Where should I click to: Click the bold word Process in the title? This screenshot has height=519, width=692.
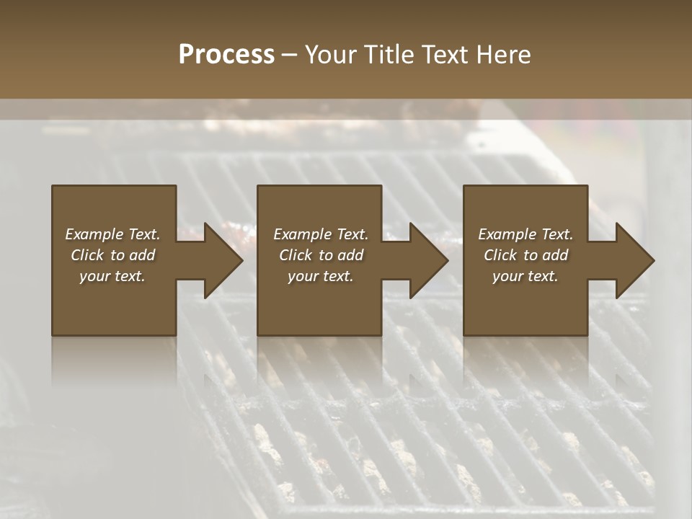click(x=226, y=55)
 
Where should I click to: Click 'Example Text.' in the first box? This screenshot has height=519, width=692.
click(x=112, y=234)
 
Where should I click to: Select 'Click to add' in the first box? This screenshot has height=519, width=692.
click(x=112, y=255)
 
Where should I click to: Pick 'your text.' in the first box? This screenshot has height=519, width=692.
click(x=112, y=276)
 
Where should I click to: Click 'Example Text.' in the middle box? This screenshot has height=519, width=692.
click(x=321, y=234)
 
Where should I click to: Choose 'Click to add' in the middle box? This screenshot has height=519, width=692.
click(x=321, y=255)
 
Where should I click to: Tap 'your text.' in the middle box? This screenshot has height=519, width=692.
click(x=321, y=276)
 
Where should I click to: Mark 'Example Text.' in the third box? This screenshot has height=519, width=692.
click(x=525, y=234)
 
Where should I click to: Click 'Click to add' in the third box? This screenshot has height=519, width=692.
click(x=525, y=255)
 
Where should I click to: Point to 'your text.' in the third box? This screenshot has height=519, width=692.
click(x=525, y=276)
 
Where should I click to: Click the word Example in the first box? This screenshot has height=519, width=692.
click(x=94, y=234)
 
